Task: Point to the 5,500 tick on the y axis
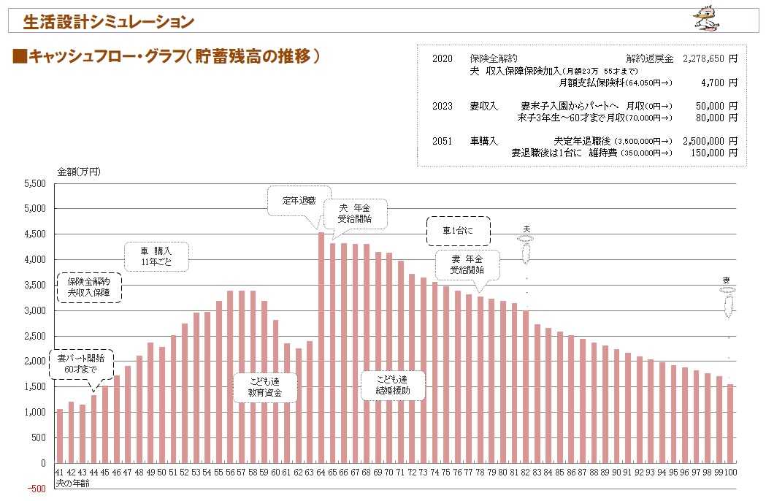[36, 183]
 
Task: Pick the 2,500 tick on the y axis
[36, 336]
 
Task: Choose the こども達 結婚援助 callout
[392, 385]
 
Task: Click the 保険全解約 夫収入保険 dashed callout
[88, 287]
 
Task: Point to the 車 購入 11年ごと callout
[156, 256]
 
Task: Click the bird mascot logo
[706, 18]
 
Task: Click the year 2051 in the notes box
[443, 140]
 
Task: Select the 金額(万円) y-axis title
[79, 172]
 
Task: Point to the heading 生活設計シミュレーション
[108, 22]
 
